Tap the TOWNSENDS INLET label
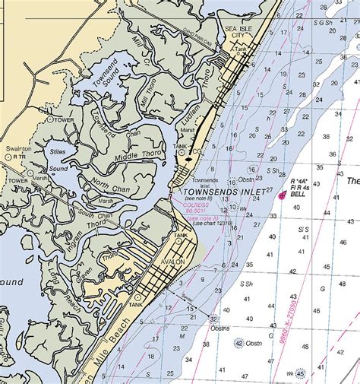pos(223,192)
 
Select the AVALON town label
pos(172,262)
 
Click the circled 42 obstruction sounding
pos(238,343)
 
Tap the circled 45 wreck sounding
pos(301,373)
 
